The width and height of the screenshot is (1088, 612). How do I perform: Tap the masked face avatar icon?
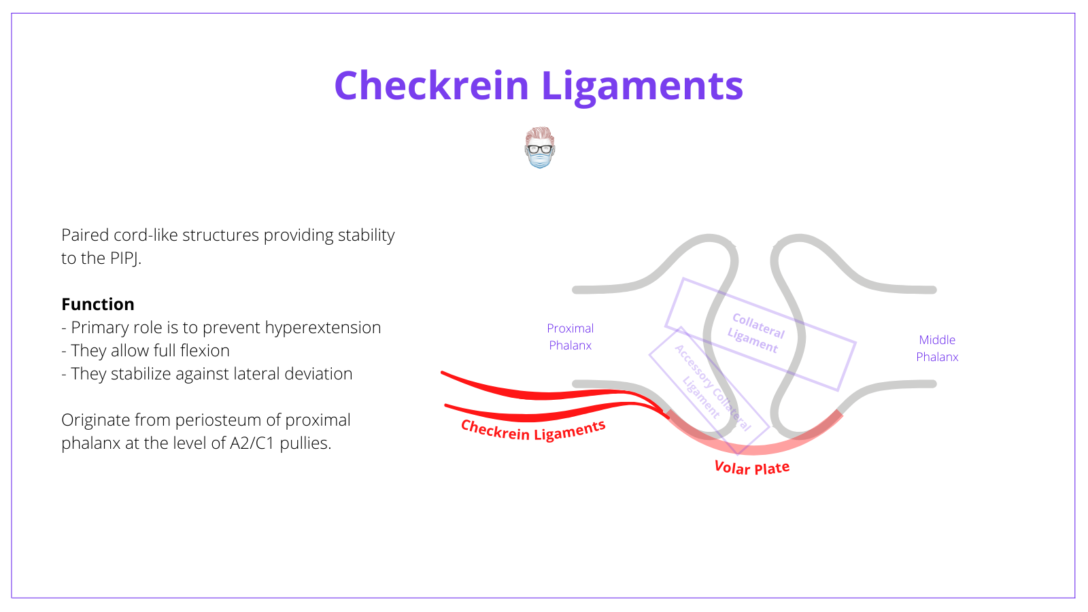coord(540,148)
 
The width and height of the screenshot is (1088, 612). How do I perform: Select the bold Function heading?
coord(98,304)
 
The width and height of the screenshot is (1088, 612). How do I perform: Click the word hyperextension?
coord(322,328)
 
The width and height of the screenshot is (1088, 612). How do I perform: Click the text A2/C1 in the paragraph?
coord(252,443)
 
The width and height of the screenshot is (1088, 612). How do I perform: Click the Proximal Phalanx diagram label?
coord(570,337)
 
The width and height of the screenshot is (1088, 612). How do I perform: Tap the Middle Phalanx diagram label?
coord(937,348)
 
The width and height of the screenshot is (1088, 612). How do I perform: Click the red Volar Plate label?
coord(751,468)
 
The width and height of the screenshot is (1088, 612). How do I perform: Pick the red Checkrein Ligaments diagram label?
coord(532,430)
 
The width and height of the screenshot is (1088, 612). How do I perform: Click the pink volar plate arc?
coord(755,448)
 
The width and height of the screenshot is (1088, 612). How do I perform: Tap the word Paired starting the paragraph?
coord(85,235)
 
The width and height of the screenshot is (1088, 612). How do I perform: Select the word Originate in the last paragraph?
coord(95,420)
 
